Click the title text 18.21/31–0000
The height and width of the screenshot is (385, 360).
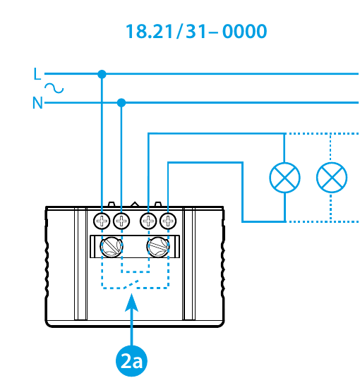click(196, 32)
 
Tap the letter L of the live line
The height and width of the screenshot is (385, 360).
click(37, 73)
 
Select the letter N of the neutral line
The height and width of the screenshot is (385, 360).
click(37, 103)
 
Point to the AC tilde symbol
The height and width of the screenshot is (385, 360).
click(54, 88)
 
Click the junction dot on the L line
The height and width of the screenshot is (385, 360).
click(102, 74)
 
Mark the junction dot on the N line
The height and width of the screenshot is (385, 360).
click(121, 103)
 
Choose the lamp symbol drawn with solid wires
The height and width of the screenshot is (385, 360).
click(284, 178)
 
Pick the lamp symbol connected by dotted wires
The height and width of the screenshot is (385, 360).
click(332, 178)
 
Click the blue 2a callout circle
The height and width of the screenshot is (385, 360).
click(132, 361)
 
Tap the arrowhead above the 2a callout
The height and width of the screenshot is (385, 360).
click(132, 302)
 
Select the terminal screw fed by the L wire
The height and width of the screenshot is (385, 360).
click(102, 221)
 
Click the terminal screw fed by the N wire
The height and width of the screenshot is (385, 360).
click(121, 221)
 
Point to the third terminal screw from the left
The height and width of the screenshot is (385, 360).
click(148, 221)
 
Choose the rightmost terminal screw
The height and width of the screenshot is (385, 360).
click(168, 221)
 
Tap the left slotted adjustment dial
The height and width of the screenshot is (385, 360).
click(112, 247)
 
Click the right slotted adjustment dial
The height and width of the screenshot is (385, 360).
click(158, 247)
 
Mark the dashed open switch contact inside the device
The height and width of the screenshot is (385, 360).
click(131, 284)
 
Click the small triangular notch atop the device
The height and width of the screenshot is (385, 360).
click(135, 204)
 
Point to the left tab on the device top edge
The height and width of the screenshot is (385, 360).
click(112, 204)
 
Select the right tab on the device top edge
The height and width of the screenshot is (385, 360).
click(157, 204)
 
